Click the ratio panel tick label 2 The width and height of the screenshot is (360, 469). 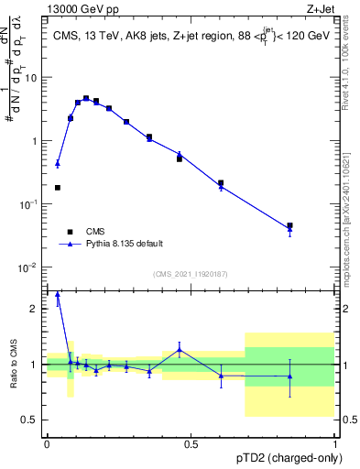tap(35, 309)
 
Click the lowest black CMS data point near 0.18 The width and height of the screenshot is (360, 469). tap(58, 188)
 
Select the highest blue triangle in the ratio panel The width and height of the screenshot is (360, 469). tap(58, 295)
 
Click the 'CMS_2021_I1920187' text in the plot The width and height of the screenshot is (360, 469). tap(190, 273)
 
